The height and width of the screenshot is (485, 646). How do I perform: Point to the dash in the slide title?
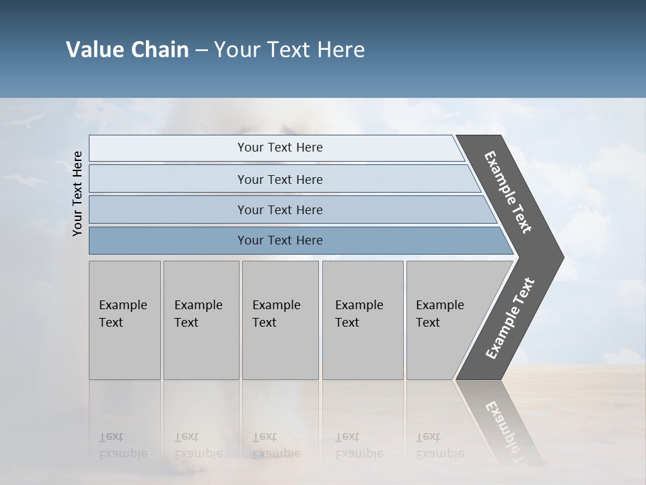(201, 51)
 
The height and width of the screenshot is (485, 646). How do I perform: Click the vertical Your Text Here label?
(77, 193)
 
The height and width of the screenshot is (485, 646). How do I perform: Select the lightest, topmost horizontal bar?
(276, 148)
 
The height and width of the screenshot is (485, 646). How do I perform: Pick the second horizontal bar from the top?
(279, 179)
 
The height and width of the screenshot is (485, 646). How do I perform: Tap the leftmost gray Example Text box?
(124, 320)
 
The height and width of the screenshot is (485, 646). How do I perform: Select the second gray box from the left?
(201, 320)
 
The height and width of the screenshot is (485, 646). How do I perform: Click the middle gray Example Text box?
(280, 320)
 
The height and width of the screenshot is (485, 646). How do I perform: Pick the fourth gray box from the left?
(362, 320)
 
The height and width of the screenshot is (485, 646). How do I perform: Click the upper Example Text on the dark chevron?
(508, 192)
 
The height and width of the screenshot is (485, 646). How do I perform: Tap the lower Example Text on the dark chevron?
(509, 319)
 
